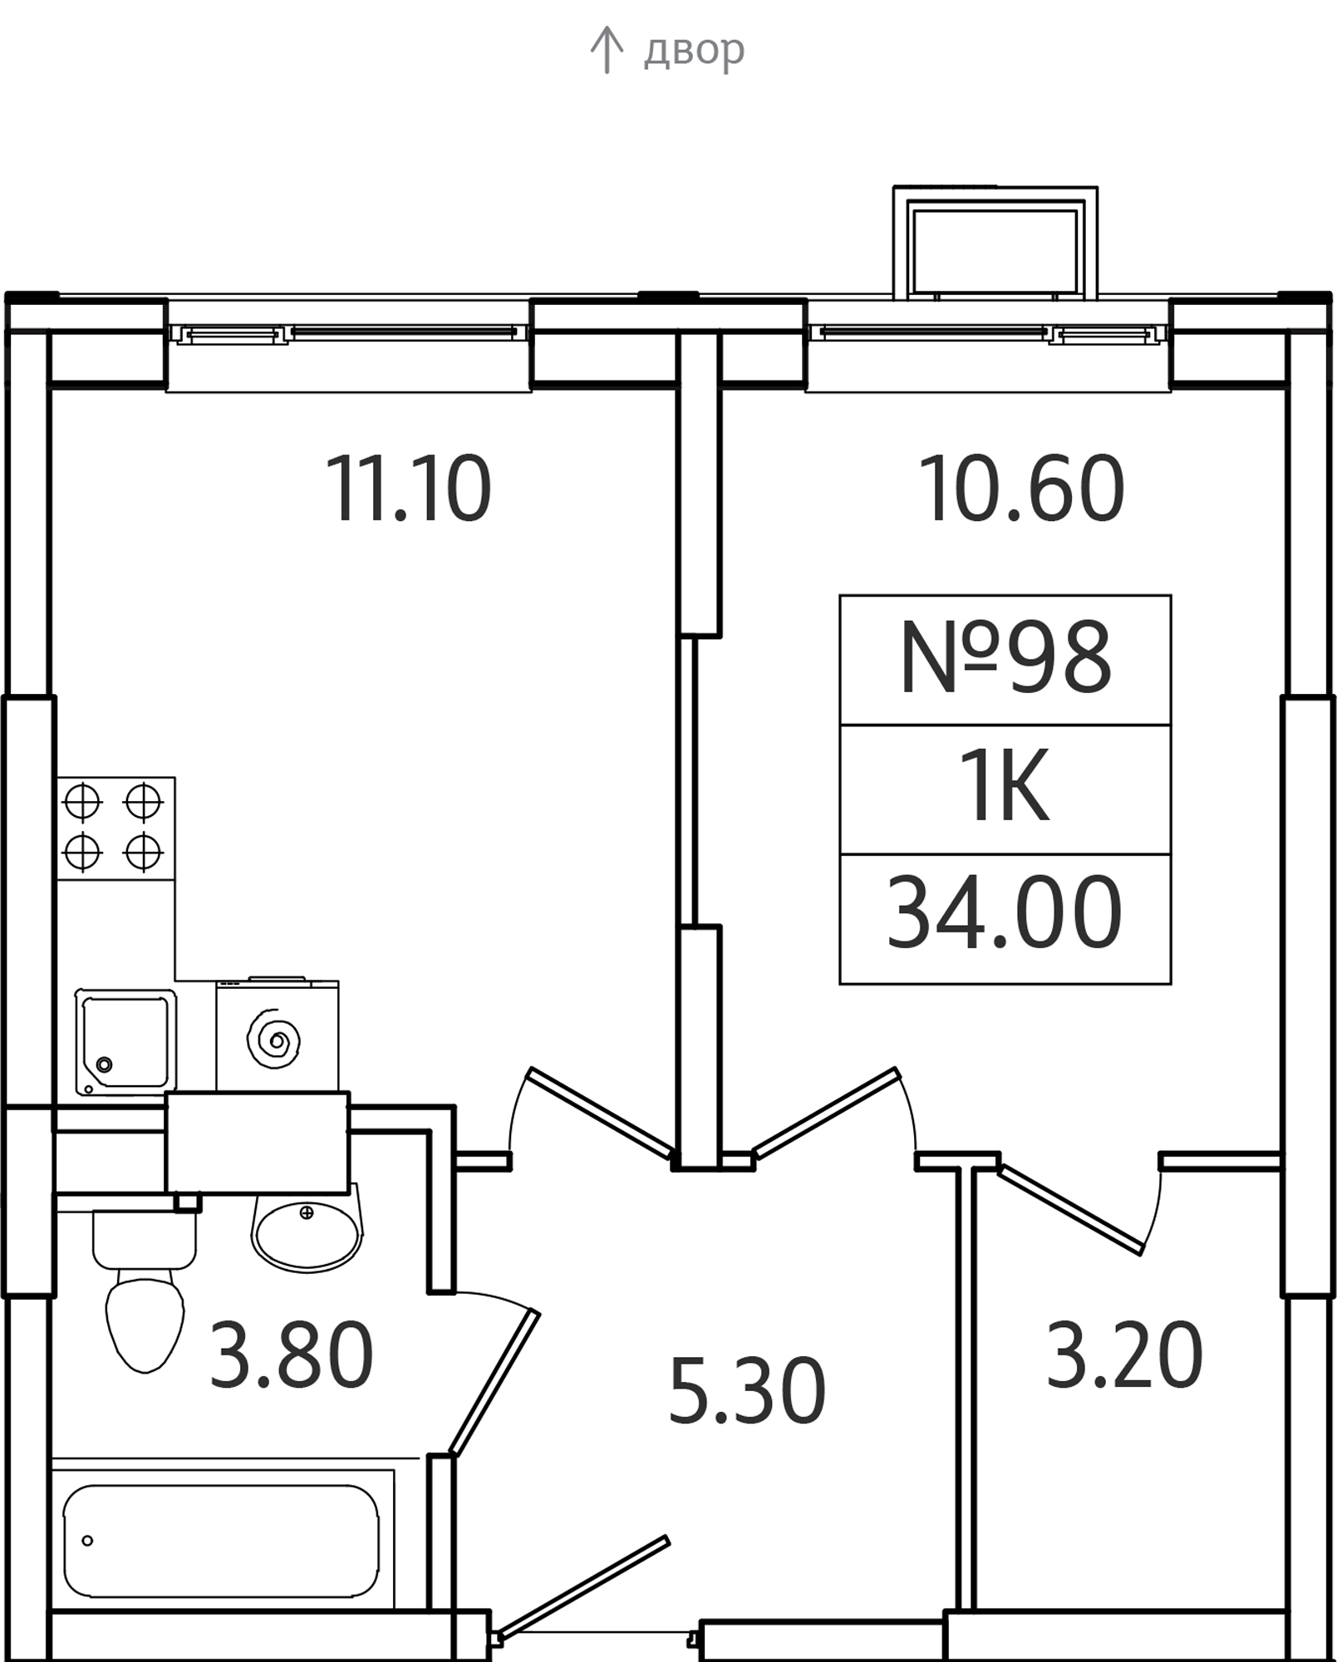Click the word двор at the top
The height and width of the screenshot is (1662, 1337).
click(694, 51)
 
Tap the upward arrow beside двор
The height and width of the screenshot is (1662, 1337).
click(607, 50)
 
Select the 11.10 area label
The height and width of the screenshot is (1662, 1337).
click(409, 489)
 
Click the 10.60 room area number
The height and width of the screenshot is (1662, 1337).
click(1021, 489)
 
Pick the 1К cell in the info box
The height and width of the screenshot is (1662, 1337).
click(1005, 786)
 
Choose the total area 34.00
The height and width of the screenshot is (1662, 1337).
click(1005, 913)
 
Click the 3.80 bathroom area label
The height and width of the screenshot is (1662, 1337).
click(291, 1355)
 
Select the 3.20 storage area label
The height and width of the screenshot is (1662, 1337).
click(1124, 1355)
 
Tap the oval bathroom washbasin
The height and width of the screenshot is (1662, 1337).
click(307, 1232)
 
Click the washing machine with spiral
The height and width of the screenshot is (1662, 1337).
click(277, 1035)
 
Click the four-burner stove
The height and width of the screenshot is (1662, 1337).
click(116, 829)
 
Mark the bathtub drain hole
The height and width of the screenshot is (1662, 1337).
click(87, 1541)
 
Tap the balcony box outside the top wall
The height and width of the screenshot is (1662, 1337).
click(995, 243)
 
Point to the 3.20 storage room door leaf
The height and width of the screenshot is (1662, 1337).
click(1071, 1210)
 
